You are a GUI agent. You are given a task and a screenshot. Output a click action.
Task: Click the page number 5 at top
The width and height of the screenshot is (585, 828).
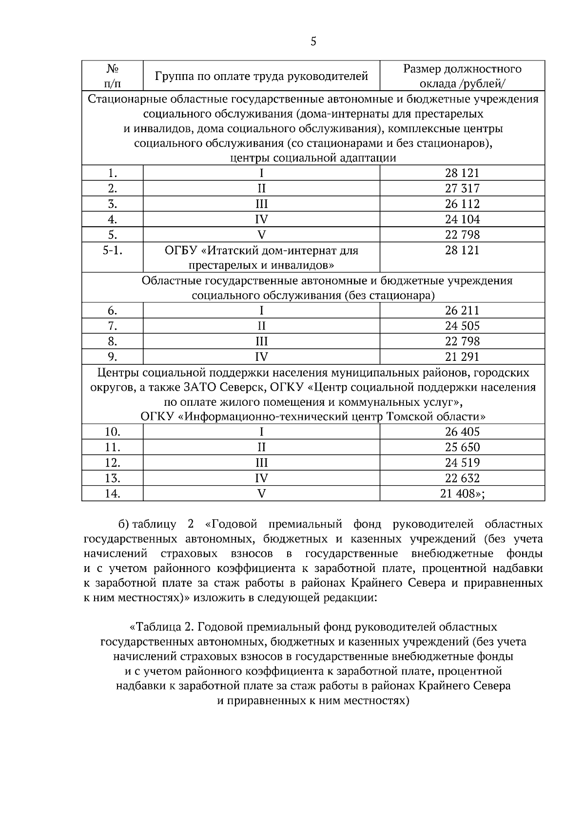coord(313,41)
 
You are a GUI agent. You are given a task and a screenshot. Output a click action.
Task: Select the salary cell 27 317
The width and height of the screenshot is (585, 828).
coord(462,188)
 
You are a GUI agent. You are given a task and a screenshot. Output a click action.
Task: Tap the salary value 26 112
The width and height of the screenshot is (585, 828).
coord(462,204)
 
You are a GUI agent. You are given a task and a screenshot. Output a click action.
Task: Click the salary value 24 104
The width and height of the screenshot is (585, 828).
coord(462,219)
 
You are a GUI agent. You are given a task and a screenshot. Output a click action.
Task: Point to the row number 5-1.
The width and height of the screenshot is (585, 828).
coord(113,250)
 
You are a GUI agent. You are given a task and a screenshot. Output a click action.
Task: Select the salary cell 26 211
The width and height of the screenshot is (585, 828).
coord(462,310)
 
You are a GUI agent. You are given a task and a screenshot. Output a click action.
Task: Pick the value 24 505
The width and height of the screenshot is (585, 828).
coord(462,326)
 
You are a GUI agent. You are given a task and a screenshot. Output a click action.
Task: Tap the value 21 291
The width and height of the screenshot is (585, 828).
coord(462,356)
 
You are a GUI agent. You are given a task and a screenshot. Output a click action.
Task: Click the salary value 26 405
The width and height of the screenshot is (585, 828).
coord(462,432)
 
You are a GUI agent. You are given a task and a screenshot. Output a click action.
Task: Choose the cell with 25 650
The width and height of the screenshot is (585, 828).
coord(462,447)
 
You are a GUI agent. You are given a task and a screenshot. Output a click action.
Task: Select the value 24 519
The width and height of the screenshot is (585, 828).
coord(462,462)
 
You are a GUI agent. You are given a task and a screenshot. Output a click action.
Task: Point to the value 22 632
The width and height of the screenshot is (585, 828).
coord(462,478)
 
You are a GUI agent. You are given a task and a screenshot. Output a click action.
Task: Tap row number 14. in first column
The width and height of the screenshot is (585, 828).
coord(113,493)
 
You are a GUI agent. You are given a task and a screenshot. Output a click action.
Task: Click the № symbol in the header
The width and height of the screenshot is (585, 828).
coord(113,68)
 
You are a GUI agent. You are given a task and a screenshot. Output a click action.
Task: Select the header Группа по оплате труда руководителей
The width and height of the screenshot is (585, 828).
coord(261,76)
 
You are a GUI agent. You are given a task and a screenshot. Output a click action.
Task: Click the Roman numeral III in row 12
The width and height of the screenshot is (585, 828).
coord(261,462)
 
